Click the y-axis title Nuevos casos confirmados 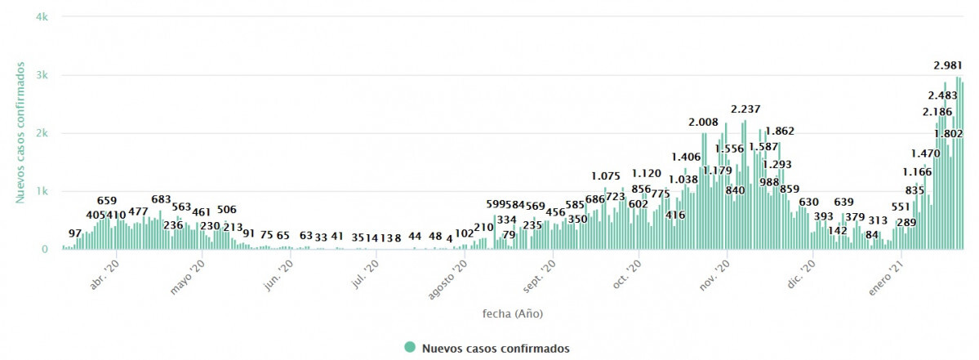click(21, 131)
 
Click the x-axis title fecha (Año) click(512, 313)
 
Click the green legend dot click(410, 348)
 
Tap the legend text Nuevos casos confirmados click(496, 349)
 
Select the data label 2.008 click(703, 122)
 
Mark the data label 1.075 click(606, 176)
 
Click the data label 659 click(107, 201)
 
